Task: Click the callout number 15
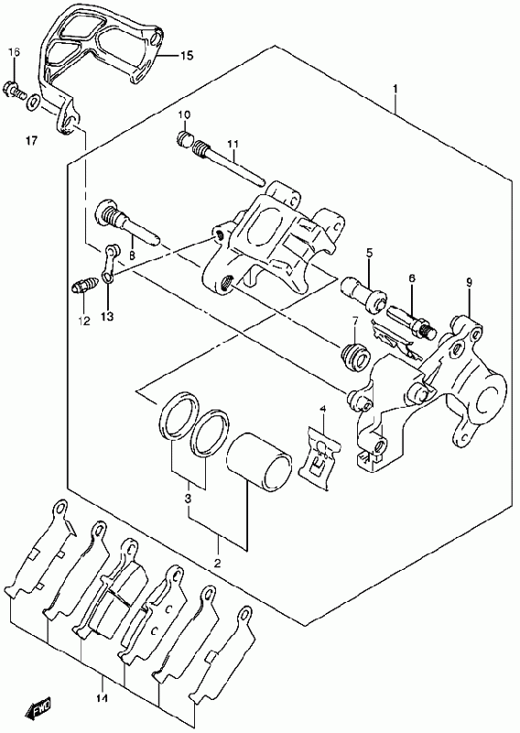tap(186, 56)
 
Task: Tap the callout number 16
tap(14, 52)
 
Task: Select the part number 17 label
tap(31, 140)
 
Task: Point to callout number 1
tap(395, 88)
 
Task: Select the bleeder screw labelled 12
tap(85, 285)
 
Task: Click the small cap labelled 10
tap(185, 138)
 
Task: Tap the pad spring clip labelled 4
tap(320, 458)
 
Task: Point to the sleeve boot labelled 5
tap(365, 294)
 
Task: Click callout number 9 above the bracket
tap(469, 282)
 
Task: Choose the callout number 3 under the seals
tap(188, 498)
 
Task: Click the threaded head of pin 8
tap(110, 214)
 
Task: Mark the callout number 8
tap(132, 256)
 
